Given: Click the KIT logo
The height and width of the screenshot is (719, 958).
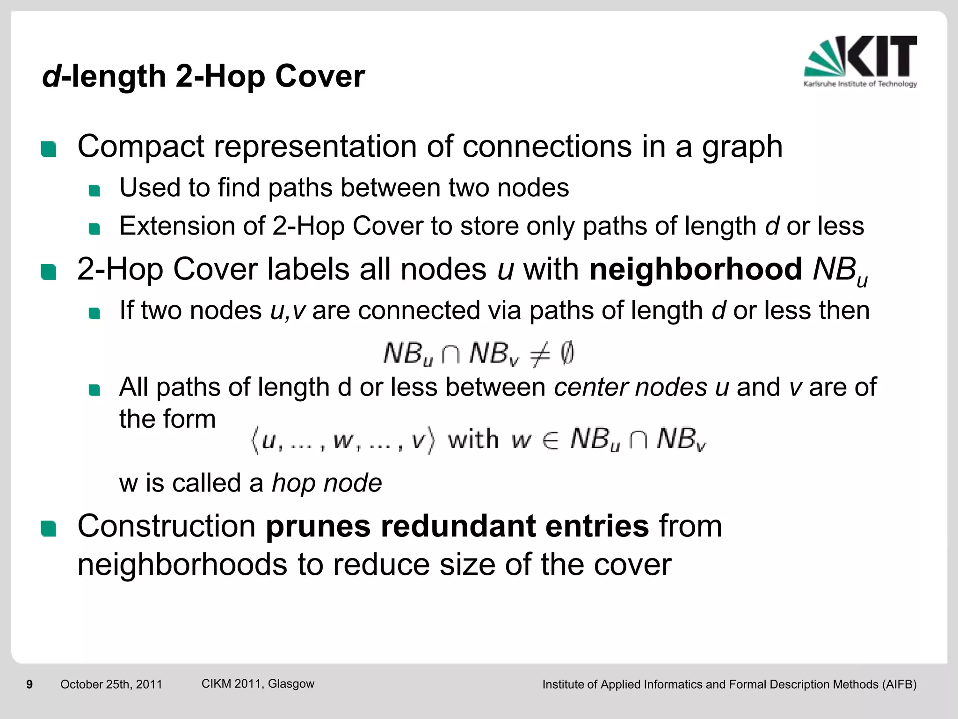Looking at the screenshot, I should (x=860, y=61).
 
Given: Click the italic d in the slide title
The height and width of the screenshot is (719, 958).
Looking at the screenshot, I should (x=51, y=76).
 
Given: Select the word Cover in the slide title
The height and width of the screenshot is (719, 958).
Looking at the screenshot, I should (x=320, y=76).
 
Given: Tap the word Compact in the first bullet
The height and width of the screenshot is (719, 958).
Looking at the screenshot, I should (x=140, y=147).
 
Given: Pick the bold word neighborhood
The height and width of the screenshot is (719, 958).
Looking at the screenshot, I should (x=696, y=270).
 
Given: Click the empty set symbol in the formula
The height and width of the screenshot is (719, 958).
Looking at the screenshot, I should (x=566, y=353).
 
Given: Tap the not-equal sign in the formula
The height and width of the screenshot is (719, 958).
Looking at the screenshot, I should (x=540, y=354).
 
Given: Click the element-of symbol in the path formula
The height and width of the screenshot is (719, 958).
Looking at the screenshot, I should (x=551, y=440).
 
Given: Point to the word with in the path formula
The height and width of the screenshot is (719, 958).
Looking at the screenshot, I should (x=473, y=440).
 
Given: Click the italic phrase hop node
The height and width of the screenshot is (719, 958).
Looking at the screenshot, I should (x=327, y=484).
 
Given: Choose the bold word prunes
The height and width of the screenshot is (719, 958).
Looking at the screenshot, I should (x=318, y=527).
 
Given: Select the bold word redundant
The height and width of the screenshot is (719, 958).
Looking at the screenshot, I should (x=457, y=526).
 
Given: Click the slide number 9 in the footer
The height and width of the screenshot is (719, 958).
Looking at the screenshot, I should (x=29, y=684).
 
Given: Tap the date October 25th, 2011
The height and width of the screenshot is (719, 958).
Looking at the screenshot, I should (x=111, y=684).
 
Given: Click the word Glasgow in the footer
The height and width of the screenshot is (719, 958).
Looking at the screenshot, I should (x=291, y=684).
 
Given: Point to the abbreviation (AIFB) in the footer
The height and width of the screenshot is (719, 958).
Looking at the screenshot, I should (x=899, y=684).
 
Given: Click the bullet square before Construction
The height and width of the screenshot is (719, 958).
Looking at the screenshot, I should (x=48, y=528).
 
